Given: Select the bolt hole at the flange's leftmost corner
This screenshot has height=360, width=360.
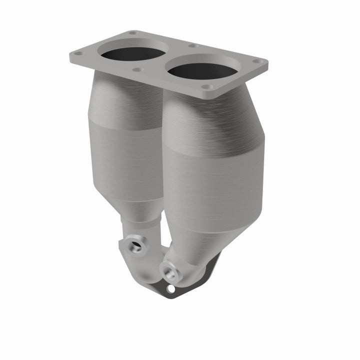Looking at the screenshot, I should tap(77, 52).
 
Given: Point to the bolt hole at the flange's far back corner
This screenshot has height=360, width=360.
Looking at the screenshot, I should tap(132, 33).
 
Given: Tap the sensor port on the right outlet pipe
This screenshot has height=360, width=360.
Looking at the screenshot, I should tap(170, 272).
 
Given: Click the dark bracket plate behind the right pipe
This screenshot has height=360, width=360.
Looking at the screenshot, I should tap(210, 272).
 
